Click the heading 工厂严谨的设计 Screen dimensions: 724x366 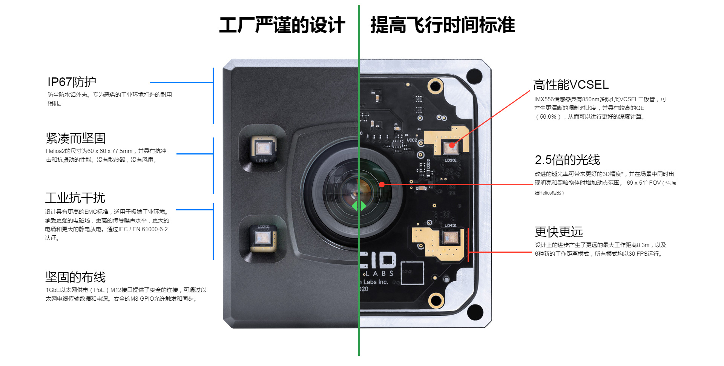pos(282,25)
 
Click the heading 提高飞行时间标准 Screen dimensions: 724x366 pos(443,25)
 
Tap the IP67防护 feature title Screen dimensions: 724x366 pos(72,82)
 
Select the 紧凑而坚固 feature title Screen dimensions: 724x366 pos(76,138)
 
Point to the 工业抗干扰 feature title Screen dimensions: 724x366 pos(75,198)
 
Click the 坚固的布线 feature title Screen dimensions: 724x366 pos(75,277)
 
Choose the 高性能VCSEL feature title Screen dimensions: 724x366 pos(571,85)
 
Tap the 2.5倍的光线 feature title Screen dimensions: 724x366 pos(567,160)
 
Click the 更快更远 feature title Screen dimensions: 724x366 pos(559,232)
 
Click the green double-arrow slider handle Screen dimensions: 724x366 pos(359,206)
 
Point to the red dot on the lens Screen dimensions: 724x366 pos(382,184)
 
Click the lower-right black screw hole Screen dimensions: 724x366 pos(475,312)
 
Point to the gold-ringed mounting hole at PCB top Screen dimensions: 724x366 pos(436,86)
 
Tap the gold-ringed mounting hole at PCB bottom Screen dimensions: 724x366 pos(436,300)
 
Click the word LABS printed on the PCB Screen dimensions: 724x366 pos(378,273)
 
